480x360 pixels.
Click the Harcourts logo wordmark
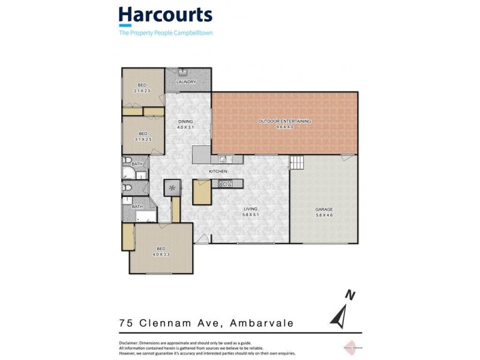pyautogui.click(x=165, y=16)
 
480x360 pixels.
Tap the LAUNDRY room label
pyautogui.click(x=187, y=82)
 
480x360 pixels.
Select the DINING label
pyautogui.click(x=185, y=122)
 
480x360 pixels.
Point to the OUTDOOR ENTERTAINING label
pyautogui.click(x=284, y=121)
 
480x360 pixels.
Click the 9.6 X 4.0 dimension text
pyautogui.click(x=284, y=127)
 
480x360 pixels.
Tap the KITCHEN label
pyautogui.click(x=217, y=172)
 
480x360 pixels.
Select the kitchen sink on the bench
pyautogui.click(x=222, y=159)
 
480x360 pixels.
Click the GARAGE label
pyautogui.click(x=324, y=209)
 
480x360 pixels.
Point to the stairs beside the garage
pyautogui.click(x=297, y=162)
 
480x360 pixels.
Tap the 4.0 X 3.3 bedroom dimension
pyautogui.click(x=161, y=254)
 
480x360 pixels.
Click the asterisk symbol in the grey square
pyautogui.click(x=173, y=188)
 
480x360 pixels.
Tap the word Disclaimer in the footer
pyautogui.click(x=131, y=343)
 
